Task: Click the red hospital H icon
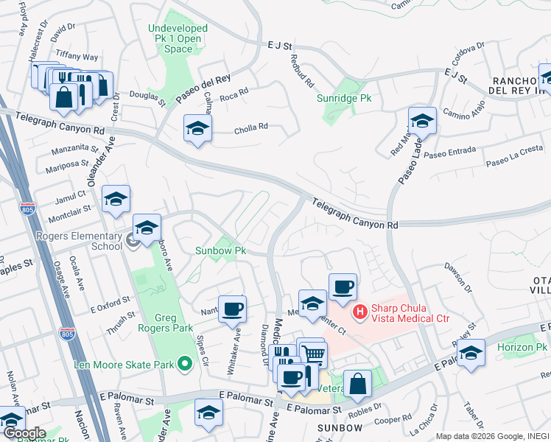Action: [x=360, y=312]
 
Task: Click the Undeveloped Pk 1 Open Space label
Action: [x=178, y=38]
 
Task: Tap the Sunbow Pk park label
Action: [x=220, y=250]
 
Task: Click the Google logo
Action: [x=24, y=433]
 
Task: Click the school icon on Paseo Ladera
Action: [x=422, y=120]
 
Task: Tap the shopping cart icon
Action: [x=314, y=354]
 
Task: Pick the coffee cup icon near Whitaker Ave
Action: [x=232, y=308]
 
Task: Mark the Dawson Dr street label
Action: [x=457, y=276]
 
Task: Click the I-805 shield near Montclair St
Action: [x=27, y=210]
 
